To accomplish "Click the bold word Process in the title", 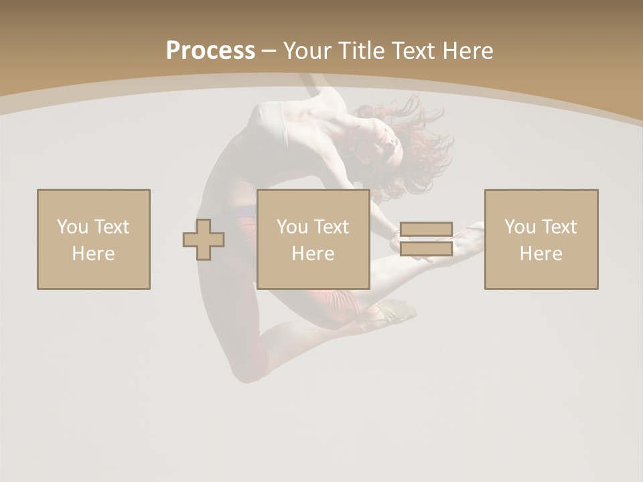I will tap(210, 50).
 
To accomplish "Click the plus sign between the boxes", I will tap(204, 239).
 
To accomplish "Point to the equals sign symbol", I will tap(426, 239).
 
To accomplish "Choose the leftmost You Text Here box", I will tap(94, 239).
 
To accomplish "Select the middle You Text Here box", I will tap(313, 239).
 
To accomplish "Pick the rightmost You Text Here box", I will tap(541, 239).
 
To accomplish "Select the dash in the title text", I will tap(269, 51).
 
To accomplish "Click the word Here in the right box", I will tap(541, 254).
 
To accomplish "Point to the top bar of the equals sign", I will tap(426, 230).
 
